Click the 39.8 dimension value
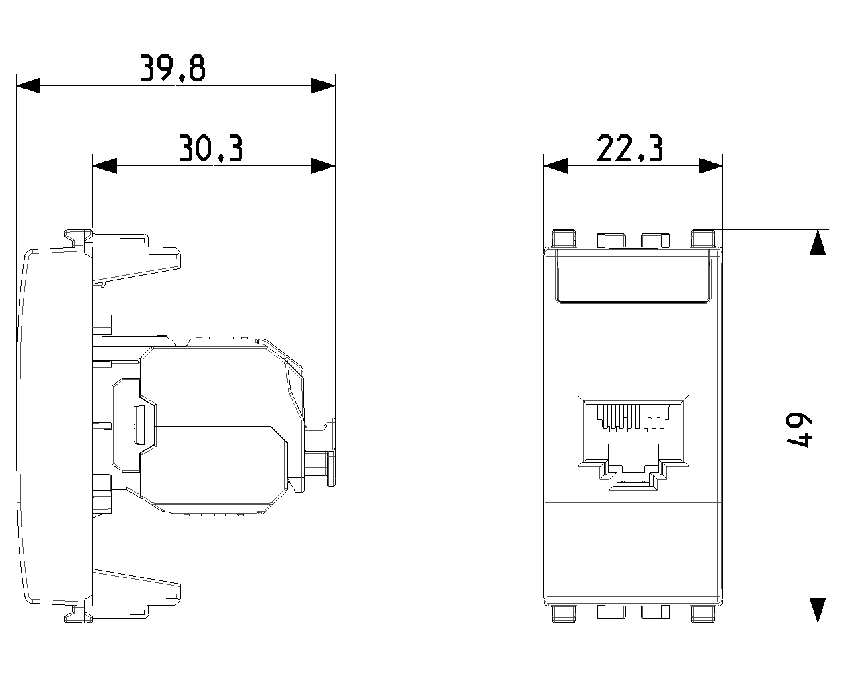click(173, 67)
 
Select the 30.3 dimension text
click(211, 148)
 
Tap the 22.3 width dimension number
click(630, 148)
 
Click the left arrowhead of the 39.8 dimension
click(28, 86)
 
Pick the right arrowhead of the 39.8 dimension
click(323, 86)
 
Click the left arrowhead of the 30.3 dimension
click(104, 165)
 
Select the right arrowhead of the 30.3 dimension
click(323, 165)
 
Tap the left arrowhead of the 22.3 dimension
click(556, 165)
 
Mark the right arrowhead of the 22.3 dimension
click(711, 165)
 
